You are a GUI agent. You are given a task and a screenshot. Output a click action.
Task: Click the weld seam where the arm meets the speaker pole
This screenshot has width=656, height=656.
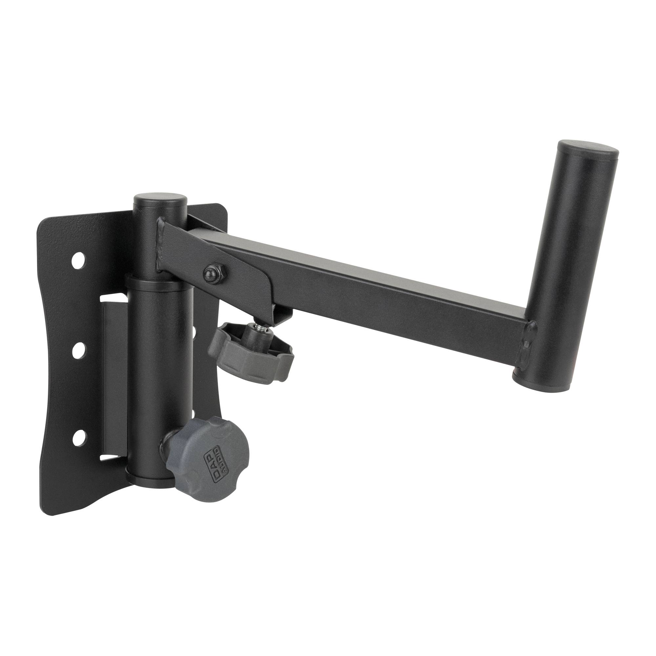[528, 343]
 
